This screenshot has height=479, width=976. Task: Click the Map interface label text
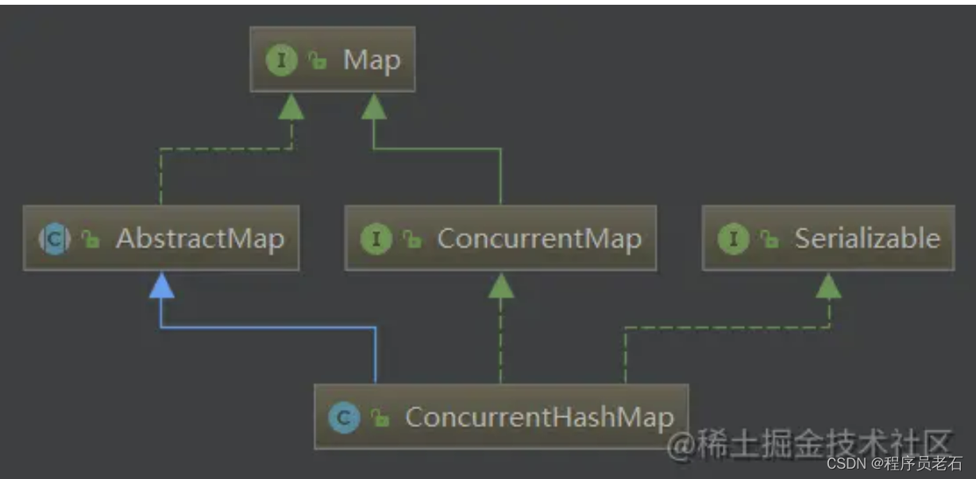pos(372,60)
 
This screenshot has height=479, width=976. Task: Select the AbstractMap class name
pos(200,238)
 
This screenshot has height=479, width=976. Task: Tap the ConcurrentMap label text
pos(539,238)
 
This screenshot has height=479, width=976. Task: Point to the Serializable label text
pos(867,238)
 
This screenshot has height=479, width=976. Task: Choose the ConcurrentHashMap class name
pos(539,417)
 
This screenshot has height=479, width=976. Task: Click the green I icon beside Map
pos(282,60)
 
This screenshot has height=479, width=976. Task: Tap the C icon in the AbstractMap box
pos(55,238)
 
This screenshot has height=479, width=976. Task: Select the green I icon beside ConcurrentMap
pos(376,238)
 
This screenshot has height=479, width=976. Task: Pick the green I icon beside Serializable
pos(733,238)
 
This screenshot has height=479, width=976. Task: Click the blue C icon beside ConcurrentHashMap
pos(344,417)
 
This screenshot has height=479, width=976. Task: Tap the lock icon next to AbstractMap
pos(91,239)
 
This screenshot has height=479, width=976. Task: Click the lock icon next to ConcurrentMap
pos(411,239)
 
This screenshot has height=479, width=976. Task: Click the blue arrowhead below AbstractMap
pos(161,287)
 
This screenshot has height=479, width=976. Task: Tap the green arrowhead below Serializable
pos(828,287)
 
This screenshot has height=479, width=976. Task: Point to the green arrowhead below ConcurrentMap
pos(500,287)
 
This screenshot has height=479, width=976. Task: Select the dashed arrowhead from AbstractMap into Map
pos(291,108)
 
